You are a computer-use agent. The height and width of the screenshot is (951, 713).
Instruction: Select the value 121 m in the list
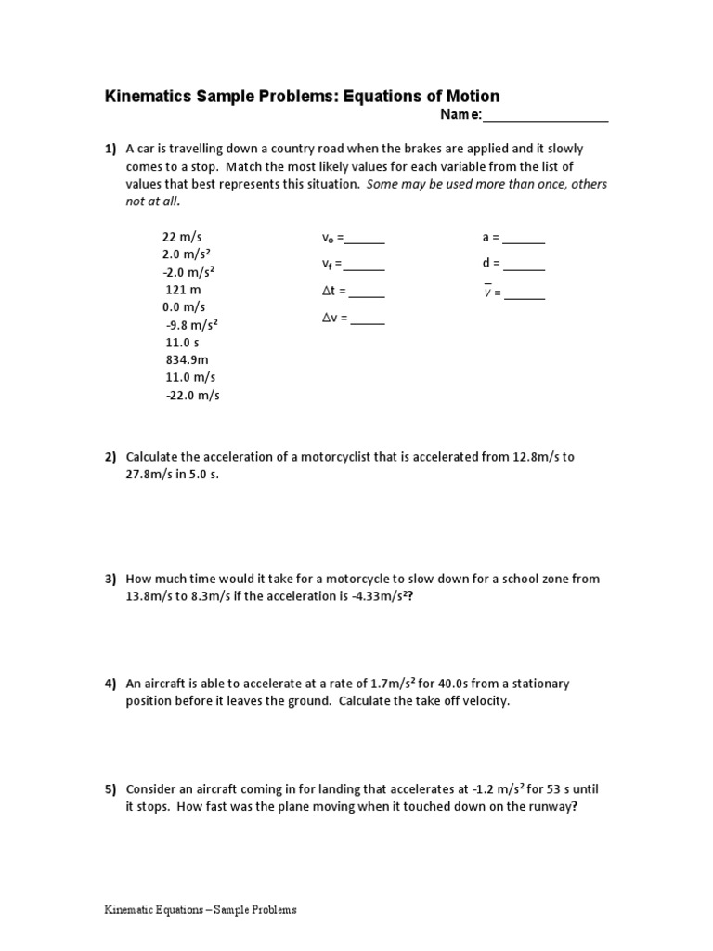pyautogui.click(x=183, y=290)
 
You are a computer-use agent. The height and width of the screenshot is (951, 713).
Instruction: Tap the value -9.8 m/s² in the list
pyautogui.click(x=191, y=325)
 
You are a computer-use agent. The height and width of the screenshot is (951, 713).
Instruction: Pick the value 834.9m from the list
pyautogui.click(x=187, y=359)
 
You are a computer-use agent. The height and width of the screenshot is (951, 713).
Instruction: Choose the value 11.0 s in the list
pyautogui.click(x=183, y=342)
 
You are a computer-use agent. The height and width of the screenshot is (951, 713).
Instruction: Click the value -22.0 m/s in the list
pyautogui.click(x=192, y=395)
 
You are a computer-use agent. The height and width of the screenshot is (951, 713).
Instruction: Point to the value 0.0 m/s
pyautogui.click(x=183, y=307)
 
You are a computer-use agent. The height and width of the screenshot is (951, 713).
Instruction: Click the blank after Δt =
pyautogui.click(x=367, y=295)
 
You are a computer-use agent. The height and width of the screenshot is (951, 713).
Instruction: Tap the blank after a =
pyautogui.click(x=525, y=241)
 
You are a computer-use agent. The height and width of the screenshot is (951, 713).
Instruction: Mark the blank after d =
pyautogui.click(x=525, y=268)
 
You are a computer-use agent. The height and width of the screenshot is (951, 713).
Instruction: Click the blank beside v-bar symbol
pyautogui.click(x=525, y=298)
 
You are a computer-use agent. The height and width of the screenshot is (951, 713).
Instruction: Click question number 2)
pyautogui.click(x=110, y=457)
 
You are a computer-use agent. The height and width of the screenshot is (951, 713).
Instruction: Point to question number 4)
pyautogui.click(x=110, y=684)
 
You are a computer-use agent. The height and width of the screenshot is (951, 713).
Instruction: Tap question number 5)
pyautogui.click(x=110, y=789)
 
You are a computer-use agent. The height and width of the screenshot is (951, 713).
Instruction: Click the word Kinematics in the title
pyautogui.click(x=149, y=97)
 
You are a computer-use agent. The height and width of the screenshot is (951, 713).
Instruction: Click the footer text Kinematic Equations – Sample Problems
pyautogui.click(x=200, y=910)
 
